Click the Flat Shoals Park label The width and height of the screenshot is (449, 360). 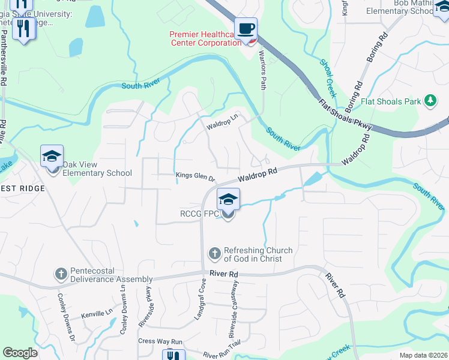(391, 101)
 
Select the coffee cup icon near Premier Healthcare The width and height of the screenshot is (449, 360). (246, 29)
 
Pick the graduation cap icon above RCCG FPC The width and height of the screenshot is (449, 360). (228, 200)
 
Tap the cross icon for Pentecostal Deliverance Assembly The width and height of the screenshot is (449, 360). (61, 274)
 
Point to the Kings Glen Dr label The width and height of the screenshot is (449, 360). (195, 176)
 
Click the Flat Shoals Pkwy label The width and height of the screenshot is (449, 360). (346, 114)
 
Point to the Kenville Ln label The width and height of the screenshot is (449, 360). (97, 313)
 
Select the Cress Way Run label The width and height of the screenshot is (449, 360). (160, 341)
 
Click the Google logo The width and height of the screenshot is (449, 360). (20, 352)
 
